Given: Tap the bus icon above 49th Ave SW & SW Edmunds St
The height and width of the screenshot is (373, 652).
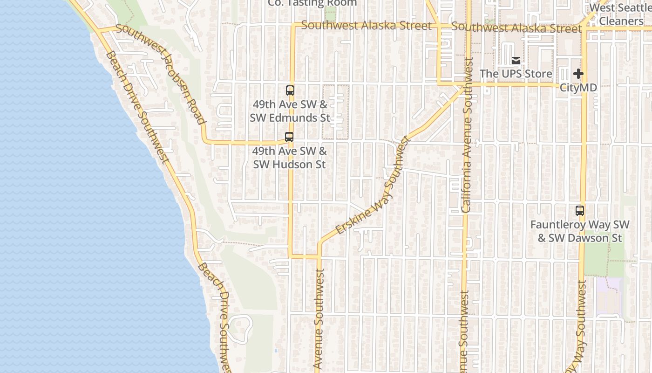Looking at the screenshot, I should (x=290, y=90).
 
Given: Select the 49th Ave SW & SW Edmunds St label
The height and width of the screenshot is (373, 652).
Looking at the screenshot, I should (x=290, y=111).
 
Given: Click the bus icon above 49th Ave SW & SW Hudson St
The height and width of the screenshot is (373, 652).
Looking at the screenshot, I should (x=289, y=137).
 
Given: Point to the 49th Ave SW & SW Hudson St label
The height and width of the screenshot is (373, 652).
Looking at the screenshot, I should (x=289, y=158).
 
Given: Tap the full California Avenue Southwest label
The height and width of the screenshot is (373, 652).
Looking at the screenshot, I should (x=467, y=135).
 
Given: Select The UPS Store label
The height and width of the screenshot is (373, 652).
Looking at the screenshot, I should (x=516, y=74).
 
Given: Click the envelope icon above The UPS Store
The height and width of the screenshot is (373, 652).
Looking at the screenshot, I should (x=516, y=61).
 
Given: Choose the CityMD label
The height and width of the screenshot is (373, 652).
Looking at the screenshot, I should (x=578, y=88).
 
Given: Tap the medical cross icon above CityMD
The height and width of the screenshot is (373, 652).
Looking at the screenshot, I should (x=578, y=74).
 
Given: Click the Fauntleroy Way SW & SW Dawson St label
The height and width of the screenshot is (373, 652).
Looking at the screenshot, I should (x=580, y=231).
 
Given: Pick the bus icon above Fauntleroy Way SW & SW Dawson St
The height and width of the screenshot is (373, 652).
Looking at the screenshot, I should (x=580, y=211).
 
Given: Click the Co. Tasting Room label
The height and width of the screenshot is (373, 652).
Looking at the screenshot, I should (x=312, y=3).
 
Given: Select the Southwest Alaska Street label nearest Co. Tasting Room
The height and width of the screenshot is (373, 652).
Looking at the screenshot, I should (x=367, y=26).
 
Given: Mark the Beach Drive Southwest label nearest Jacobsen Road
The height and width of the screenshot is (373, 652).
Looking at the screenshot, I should (x=137, y=107).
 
